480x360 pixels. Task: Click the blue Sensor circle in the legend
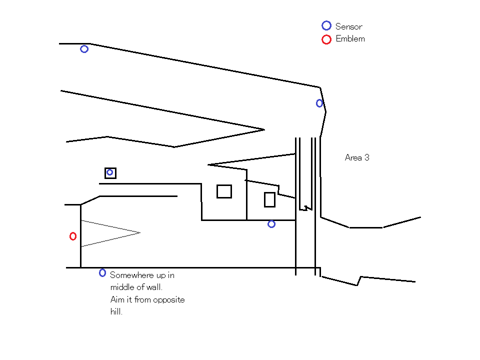coord(326,25)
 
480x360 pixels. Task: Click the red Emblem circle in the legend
coord(326,39)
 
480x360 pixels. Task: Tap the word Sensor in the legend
coord(348,26)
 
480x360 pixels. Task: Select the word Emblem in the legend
coord(350,39)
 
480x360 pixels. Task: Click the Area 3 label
coord(357,157)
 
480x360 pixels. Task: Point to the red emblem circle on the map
coord(73,236)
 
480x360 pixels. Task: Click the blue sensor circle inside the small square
coord(110,172)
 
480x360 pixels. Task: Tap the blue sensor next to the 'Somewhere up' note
coord(102,272)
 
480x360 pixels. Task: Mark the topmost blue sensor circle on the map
coord(84,49)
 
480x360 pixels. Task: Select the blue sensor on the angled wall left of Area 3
coord(319,103)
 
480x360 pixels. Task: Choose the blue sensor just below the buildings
coord(271,224)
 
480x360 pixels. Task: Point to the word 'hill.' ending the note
coord(116,312)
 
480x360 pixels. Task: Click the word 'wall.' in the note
coord(154,287)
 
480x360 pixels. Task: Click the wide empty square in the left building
coord(224,191)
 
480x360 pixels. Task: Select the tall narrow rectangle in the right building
coord(269,199)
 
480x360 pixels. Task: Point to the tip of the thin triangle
coord(139,232)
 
